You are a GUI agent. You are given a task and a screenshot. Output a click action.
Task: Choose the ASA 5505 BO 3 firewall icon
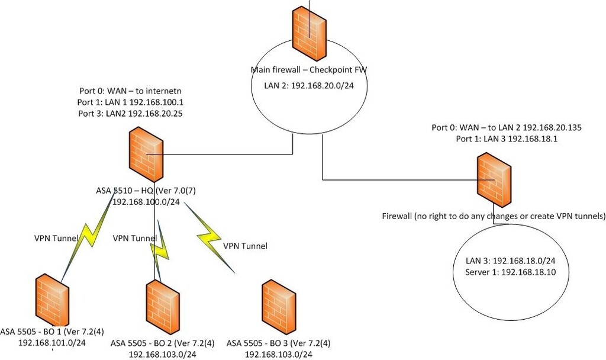[279, 304]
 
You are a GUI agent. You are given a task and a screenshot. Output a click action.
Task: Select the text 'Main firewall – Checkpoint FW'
[309, 70]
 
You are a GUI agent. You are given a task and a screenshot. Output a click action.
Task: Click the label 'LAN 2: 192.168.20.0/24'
[309, 86]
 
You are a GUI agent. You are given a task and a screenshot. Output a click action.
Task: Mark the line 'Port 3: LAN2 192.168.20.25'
[130, 112]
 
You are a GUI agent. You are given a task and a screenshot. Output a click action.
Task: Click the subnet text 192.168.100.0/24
[146, 202]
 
